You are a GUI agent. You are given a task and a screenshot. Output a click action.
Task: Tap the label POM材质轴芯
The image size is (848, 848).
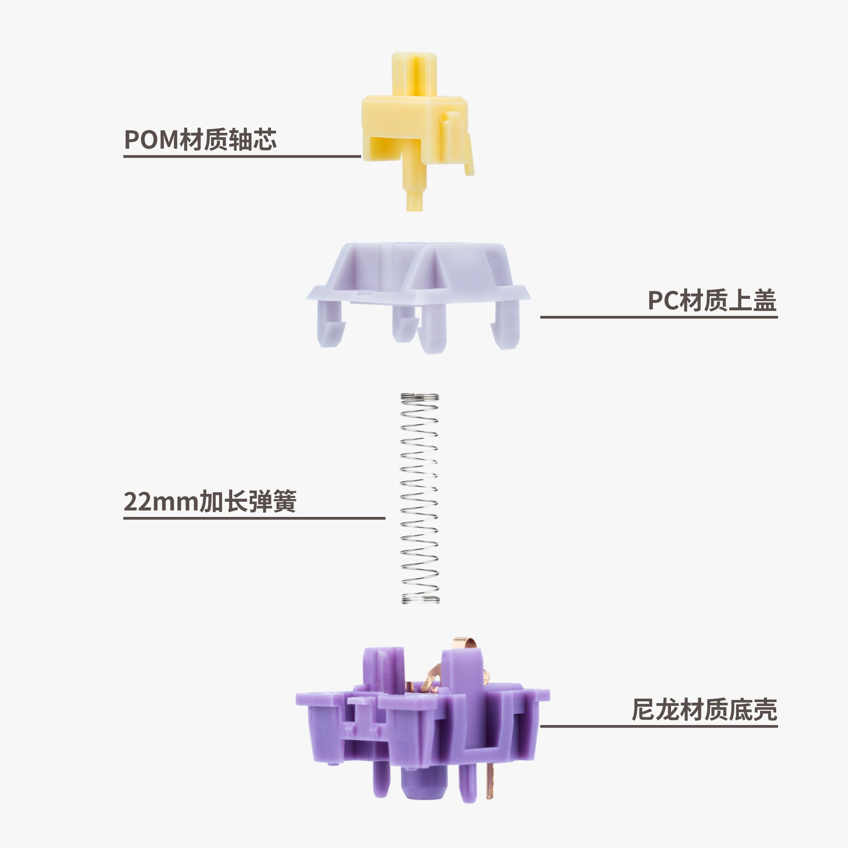click(200, 140)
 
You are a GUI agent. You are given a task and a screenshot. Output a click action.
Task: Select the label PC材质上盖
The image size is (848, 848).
click(712, 301)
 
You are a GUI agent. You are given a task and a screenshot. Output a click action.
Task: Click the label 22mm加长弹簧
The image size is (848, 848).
click(210, 501)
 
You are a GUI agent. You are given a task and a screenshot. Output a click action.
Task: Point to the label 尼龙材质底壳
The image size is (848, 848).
click(704, 710)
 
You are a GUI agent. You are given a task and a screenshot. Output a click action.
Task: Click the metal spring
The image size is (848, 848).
click(420, 498)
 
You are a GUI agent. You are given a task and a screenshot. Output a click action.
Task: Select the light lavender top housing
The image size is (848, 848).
click(418, 298)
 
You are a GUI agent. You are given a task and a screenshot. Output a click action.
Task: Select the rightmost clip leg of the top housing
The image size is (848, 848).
click(506, 325)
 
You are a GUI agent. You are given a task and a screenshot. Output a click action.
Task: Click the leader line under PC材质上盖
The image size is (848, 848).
click(659, 317)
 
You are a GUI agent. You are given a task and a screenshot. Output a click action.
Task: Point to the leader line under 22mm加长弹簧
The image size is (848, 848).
click(254, 518)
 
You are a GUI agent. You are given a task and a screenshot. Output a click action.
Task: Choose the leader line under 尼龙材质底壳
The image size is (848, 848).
click(659, 726)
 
